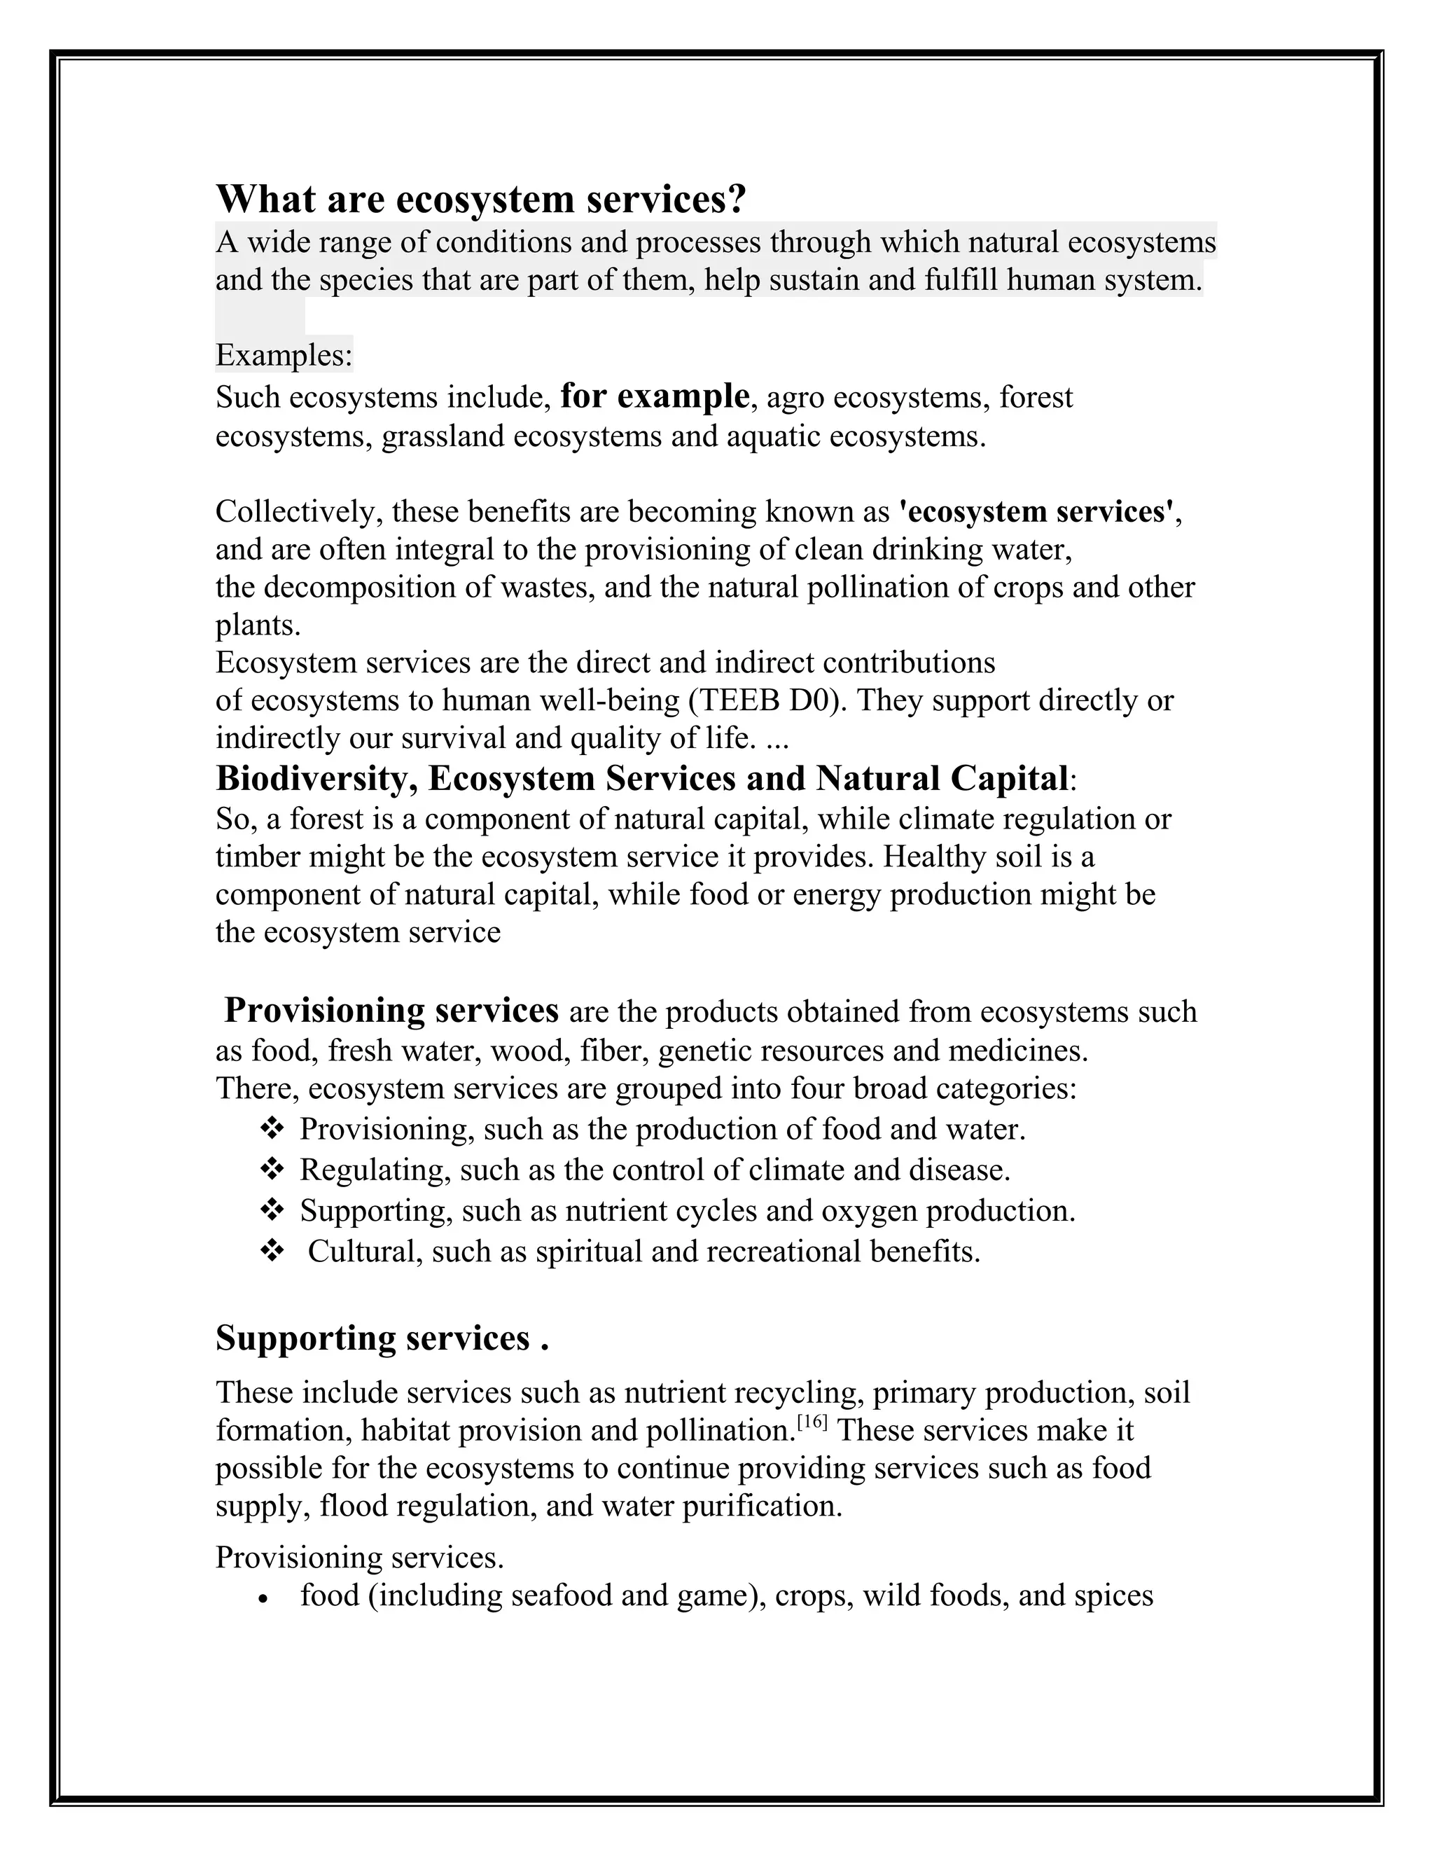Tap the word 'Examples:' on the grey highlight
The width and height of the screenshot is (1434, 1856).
tap(284, 354)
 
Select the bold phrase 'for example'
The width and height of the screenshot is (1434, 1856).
tap(654, 396)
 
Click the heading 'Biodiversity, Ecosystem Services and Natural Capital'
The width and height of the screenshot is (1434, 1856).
tap(641, 778)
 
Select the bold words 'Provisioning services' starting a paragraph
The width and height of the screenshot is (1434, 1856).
tap(391, 1011)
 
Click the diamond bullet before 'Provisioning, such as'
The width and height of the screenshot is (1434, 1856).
tap(271, 1128)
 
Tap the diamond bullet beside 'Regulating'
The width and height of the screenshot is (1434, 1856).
tap(271, 1170)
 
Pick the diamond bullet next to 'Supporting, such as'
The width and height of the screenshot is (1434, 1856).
tap(271, 1210)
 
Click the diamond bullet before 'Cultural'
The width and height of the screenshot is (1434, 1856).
tap(271, 1251)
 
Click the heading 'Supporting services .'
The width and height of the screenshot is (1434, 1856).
tap(382, 1338)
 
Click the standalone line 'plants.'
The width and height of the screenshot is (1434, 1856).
tap(258, 625)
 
